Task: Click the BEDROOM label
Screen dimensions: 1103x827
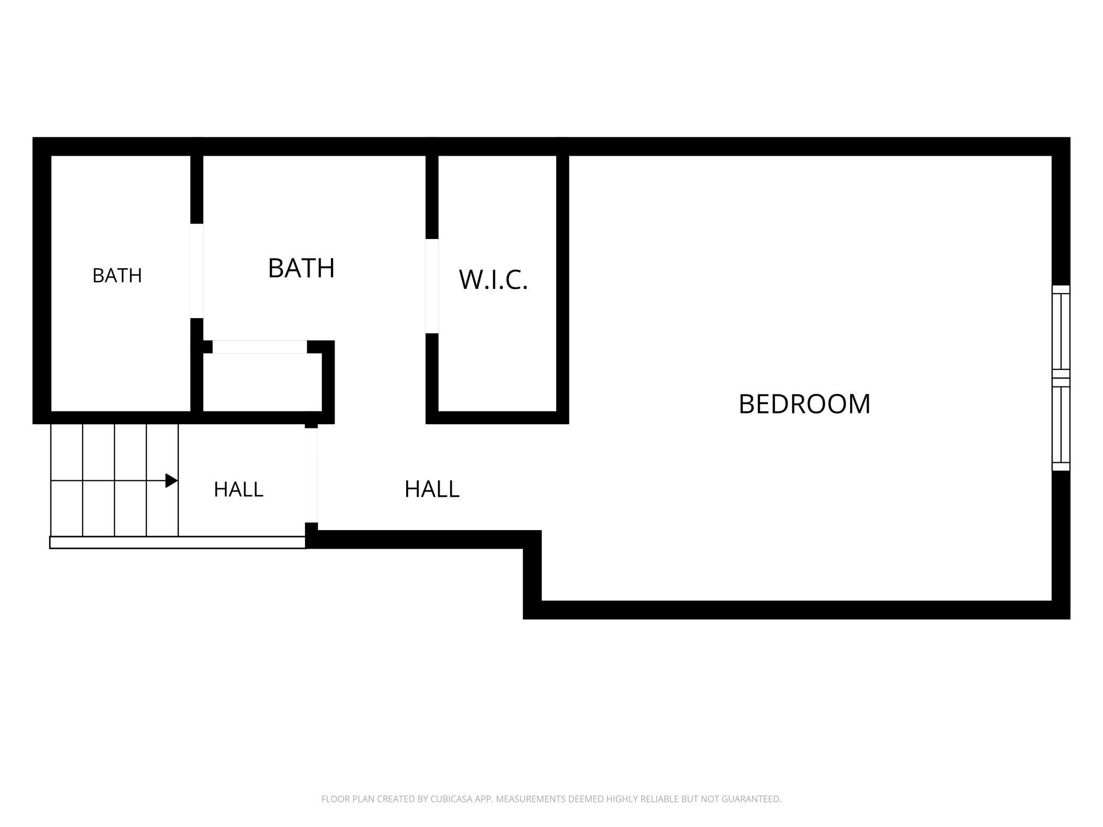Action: (x=804, y=404)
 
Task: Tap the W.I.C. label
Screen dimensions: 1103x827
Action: (x=493, y=279)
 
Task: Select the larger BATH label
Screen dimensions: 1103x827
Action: (x=301, y=268)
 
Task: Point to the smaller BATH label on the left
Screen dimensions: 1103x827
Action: (x=117, y=276)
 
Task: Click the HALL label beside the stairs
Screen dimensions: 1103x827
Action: (x=239, y=489)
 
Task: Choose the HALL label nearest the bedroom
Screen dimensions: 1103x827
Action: (x=432, y=489)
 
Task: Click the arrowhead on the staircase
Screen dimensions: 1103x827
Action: (x=171, y=481)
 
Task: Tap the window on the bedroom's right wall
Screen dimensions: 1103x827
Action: (x=1061, y=378)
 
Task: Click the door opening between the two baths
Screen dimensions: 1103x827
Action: (x=197, y=271)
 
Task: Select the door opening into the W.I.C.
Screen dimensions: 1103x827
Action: (x=432, y=286)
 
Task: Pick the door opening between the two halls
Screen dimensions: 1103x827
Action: (x=311, y=476)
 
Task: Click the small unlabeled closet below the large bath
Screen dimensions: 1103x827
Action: (x=262, y=382)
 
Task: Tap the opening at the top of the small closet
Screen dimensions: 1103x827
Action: (x=260, y=347)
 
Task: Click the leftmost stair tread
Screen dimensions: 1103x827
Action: (x=67, y=480)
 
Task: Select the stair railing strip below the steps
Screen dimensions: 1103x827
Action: (x=178, y=542)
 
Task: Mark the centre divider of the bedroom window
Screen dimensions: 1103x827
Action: (x=1061, y=378)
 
